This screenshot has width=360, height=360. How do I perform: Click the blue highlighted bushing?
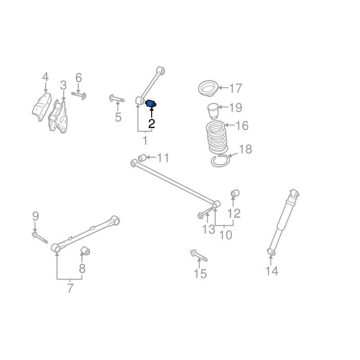coord(151,104)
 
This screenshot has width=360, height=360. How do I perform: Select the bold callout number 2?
coord(152,124)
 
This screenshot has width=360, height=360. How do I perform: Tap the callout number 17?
coord(236,88)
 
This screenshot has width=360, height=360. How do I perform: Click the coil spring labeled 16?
coord(217,137)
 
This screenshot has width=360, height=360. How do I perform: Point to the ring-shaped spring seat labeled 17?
coord(208,88)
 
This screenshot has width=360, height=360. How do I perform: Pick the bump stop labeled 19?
coord(212,111)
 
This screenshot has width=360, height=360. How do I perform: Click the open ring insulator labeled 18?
coord(220,161)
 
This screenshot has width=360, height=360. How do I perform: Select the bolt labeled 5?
coord(117,99)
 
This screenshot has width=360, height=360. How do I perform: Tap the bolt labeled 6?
coord(79,95)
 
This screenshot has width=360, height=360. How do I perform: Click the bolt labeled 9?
coord(40,238)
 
